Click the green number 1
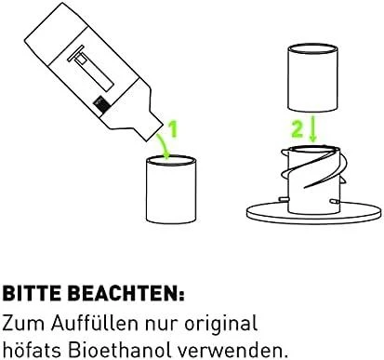[173, 129]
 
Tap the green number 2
[297, 129]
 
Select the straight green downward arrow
[313, 128]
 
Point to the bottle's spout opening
[153, 132]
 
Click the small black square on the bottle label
[101, 103]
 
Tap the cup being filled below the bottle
[171, 190]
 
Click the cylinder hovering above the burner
[312, 78]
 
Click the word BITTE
[32, 293]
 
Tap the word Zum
[23, 323]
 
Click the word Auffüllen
[95, 323]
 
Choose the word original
[221, 325]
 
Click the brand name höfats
[32, 350]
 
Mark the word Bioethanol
[120, 350]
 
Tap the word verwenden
[232, 350]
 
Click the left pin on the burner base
[283, 199]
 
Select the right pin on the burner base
[334, 201]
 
